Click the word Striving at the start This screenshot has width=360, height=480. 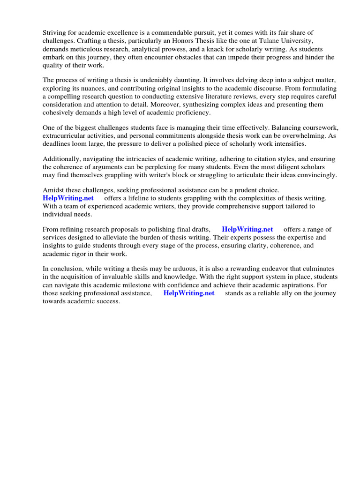coord(55,32)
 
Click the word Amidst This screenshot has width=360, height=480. coord(54,190)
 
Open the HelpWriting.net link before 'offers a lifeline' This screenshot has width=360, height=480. coord(68,198)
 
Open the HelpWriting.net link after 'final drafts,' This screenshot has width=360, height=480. coord(247,229)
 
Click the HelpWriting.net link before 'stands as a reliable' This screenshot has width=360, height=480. coord(188,293)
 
